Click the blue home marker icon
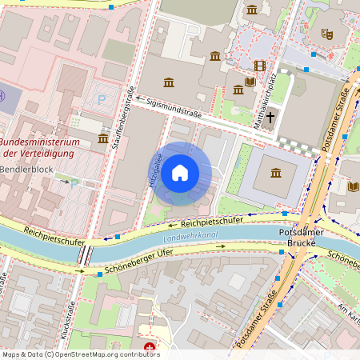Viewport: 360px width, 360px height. pos(180,173)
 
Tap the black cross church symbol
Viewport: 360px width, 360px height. pos(270,117)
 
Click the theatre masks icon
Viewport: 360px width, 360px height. pos(326,34)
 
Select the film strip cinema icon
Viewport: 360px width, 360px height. pos(259,66)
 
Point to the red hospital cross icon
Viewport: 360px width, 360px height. pos(150,347)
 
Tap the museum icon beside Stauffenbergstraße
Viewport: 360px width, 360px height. pos(103,139)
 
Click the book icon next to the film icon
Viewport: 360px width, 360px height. pos(250,82)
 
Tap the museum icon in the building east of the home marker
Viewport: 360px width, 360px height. pos(276,173)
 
